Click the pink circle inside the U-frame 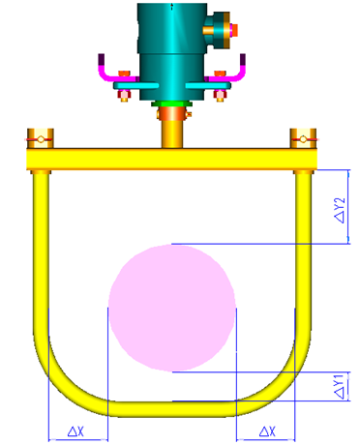(171, 308)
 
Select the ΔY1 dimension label (340, 386)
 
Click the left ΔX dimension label (75, 430)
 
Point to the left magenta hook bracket (105, 71)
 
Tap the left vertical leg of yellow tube (41, 252)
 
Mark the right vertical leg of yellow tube (304, 252)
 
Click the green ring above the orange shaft (172, 103)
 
